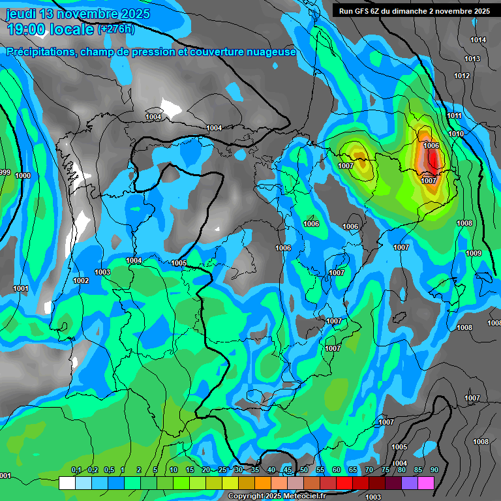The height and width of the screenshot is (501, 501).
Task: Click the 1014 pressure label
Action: click(478, 40)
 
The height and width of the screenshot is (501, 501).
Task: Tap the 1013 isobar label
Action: click(472, 59)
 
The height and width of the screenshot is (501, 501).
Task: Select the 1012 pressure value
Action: click(462, 76)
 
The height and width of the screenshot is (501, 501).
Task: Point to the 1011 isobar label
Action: click(455, 116)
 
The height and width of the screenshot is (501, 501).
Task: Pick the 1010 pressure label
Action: click(456, 134)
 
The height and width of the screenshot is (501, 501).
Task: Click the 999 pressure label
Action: click(5, 172)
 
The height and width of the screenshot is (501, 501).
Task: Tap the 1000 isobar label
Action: click(23, 176)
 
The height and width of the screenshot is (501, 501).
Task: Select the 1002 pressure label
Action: click(81, 281)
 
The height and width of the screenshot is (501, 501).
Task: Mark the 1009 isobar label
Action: click(474, 254)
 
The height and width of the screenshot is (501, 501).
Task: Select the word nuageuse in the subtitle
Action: click(270, 52)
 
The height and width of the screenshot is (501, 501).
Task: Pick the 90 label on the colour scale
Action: click(434, 470)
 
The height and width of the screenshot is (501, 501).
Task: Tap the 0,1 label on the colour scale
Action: click(76, 470)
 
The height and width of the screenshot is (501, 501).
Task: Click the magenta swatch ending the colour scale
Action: click(426, 483)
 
